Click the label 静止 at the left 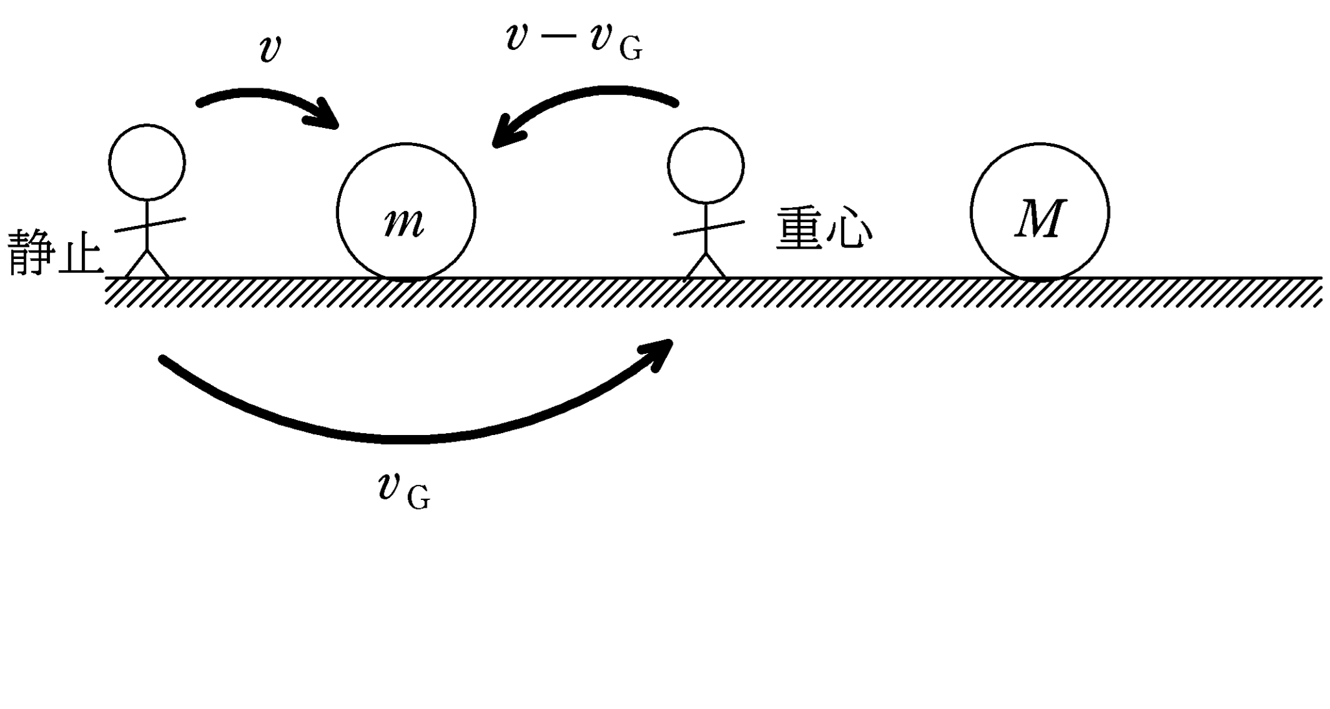coord(55,252)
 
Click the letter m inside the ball coord(404,222)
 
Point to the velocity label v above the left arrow coord(270,49)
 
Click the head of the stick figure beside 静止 coord(147,162)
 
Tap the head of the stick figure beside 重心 coord(706,165)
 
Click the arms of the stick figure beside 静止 coord(149,225)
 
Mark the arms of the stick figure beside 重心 coord(708,228)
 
